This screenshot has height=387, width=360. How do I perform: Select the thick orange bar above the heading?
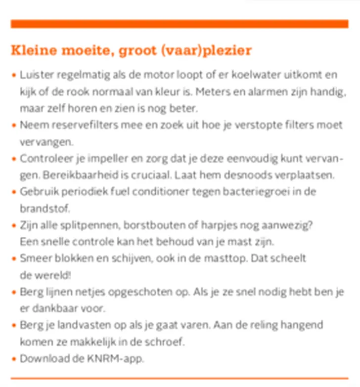(180, 24)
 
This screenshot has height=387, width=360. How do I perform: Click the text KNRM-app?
(119, 358)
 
